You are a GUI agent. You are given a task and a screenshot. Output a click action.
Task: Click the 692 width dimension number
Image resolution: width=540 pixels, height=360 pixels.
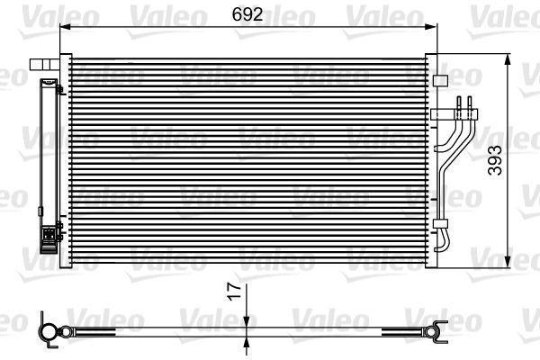247,14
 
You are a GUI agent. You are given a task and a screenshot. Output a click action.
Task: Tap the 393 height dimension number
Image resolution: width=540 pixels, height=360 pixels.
496,160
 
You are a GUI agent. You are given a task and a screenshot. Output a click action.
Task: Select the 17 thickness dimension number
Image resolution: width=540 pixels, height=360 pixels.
235,292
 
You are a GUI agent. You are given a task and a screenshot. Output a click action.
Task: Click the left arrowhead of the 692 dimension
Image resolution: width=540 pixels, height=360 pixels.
65,27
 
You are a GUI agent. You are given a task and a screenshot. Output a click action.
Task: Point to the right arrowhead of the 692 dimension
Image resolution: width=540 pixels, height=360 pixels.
431,27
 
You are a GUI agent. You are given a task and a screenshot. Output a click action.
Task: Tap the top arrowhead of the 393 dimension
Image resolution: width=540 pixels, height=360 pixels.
507,59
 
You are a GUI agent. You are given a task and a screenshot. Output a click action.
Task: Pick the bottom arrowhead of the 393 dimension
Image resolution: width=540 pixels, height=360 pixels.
507,261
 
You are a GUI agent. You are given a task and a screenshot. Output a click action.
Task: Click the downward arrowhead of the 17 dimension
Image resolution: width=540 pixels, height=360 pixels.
247,322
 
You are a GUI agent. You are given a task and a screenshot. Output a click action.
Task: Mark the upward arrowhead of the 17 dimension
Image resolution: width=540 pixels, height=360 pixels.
247,342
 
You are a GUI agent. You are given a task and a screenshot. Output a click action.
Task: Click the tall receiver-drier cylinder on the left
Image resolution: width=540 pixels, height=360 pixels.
49,166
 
